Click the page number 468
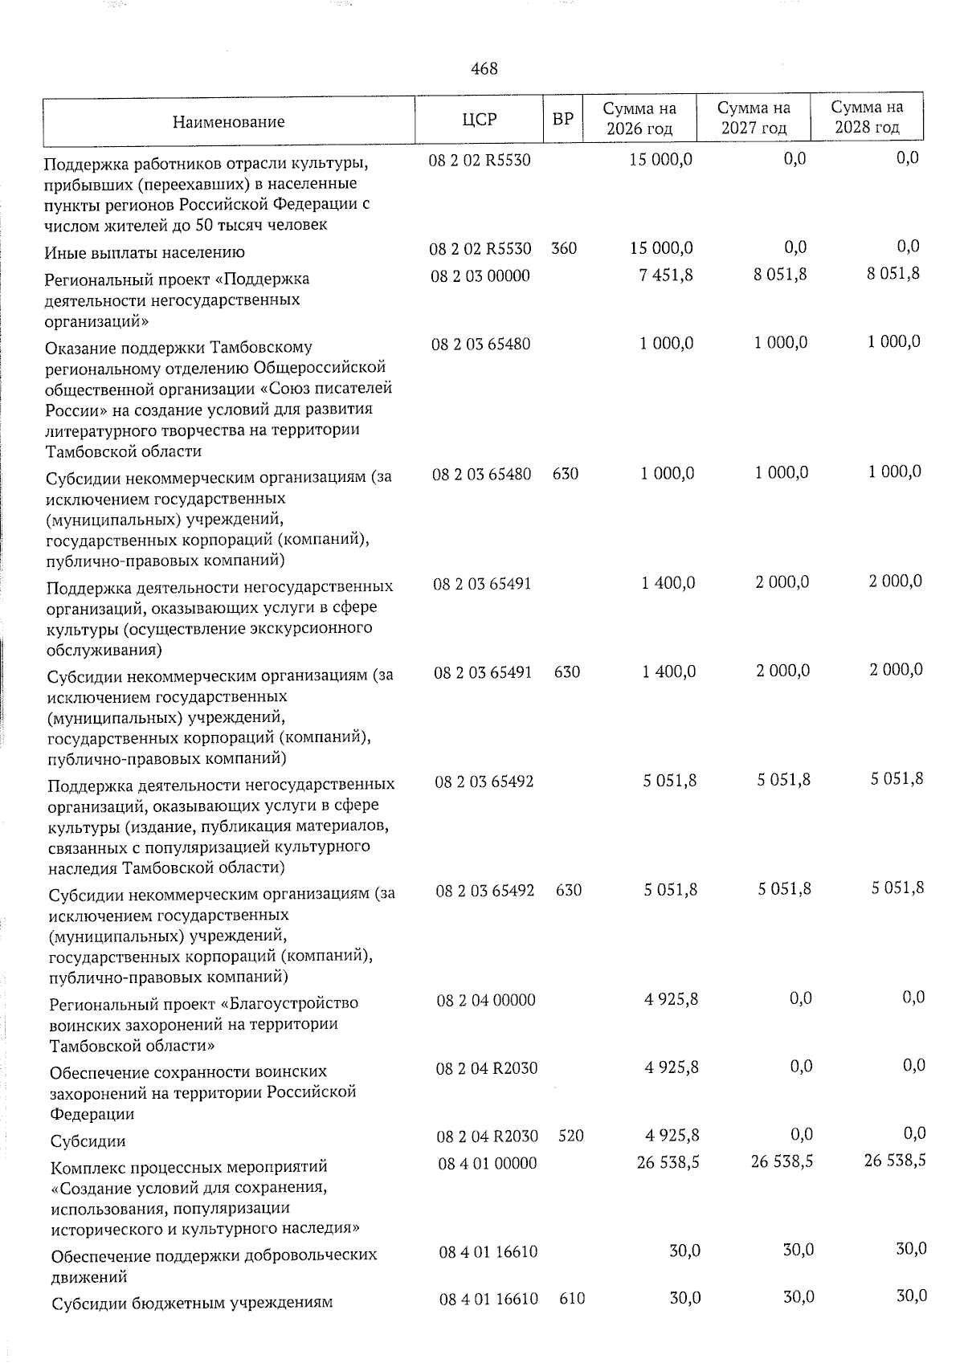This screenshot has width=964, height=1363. [x=484, y=69]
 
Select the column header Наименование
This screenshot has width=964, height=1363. [x=228, y=122]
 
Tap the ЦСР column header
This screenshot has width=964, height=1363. [x=480, y=120]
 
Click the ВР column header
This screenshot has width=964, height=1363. [x=563, y=120]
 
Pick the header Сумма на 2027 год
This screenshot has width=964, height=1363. [x=754, y=118]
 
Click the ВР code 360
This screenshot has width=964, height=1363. [x=564, y=249]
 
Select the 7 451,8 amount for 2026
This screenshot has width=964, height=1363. [x=668, y=275]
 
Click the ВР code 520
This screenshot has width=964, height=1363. [x=570, y=1136]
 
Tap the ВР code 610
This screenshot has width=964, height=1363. [x=572, y=1298]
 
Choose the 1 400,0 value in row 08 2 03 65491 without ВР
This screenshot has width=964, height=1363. [x=668, y=583]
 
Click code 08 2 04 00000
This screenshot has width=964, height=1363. [x=486, y=1000]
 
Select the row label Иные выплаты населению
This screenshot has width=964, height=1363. [x=145, y=253]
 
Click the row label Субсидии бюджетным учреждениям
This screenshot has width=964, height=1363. [x=192, y=1303]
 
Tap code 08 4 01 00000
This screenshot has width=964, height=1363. [x=488, y=1163]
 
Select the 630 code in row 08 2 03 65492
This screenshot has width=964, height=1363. [x=569, y=890]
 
